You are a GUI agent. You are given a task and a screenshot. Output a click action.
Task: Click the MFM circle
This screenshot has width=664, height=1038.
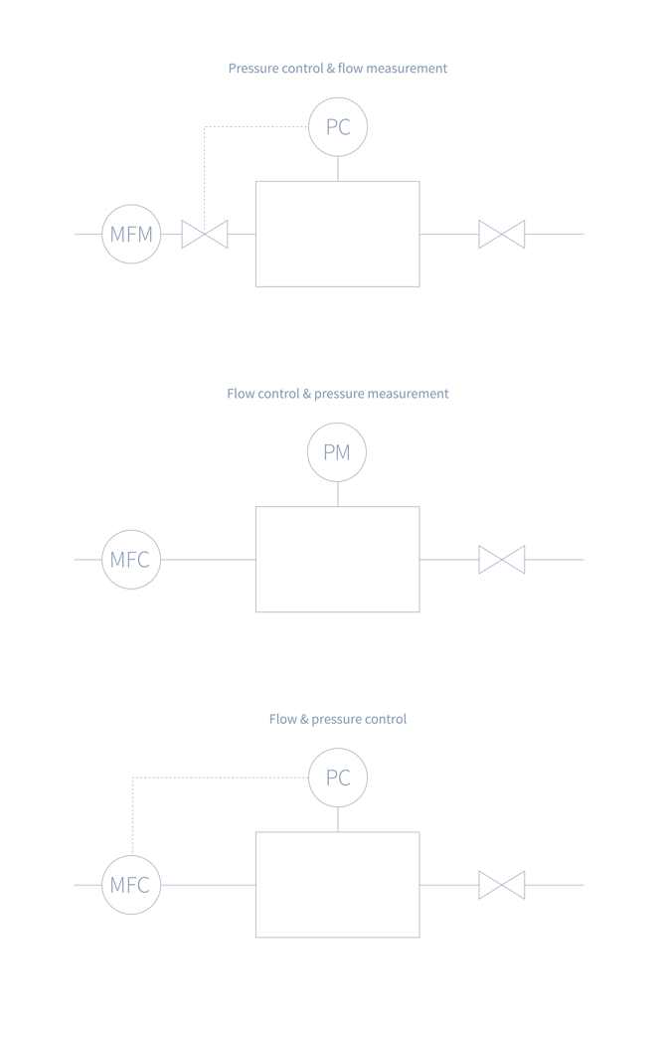coord(131,235)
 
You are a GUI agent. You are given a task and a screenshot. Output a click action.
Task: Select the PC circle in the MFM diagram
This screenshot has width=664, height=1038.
coord(338,127)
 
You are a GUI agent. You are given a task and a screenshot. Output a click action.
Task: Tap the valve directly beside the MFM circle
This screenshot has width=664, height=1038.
coord(205,235)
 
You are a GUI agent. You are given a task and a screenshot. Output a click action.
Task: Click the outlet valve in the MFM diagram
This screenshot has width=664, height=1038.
coord(502,235)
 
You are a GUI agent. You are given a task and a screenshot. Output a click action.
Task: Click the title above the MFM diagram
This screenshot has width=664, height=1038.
coord(338,69)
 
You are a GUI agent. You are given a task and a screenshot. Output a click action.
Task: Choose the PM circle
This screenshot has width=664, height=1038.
coord(337,452)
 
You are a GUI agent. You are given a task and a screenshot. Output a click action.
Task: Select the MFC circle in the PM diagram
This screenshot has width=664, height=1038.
coord(131,560)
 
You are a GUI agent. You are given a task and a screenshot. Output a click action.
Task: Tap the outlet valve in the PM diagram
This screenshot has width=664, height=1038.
coord(502,560)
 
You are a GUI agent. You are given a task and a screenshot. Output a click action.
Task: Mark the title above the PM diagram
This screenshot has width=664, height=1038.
coord(338,394)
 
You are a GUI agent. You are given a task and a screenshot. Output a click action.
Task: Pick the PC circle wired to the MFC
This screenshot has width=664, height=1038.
coord(338,778)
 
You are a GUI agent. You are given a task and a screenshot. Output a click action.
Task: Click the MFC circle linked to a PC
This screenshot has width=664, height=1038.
coord(131,885)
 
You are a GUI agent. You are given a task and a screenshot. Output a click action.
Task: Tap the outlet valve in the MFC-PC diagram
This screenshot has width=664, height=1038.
coord(502,885)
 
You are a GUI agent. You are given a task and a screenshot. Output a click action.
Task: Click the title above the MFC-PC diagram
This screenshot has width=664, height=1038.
coord(338,719)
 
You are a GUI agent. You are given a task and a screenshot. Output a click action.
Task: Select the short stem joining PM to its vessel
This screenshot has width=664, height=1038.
coord(338,494)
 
